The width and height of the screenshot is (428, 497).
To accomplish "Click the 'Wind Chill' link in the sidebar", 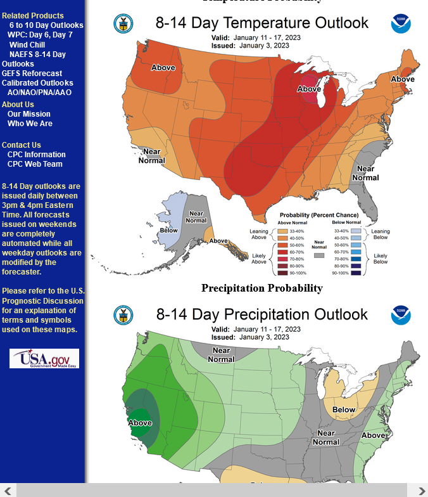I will pyautogui.click(x=27, y=45).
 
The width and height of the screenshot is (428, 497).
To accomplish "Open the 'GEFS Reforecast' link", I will pyautogui.click(x=32, y=74).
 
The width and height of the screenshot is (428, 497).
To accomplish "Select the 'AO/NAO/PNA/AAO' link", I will pyautogui.click(x=39, y=93).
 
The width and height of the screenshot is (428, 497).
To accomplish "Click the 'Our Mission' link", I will pyautogui.click(x=29, y=114).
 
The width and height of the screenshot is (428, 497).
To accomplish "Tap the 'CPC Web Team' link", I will pyautogui.click(x=35, y=164).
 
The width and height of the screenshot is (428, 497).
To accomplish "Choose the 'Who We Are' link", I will pyautogui.click(x=30, y=124).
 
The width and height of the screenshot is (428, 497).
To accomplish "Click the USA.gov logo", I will pyautogui.click(x=44, y=358).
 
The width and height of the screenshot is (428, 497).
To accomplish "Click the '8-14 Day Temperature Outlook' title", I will pyautogui.click(x=261, y=23).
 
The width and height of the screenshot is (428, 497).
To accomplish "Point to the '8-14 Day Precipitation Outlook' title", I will pyautogui.click(x=261, y=314).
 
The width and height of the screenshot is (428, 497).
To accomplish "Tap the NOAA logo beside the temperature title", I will pyautogui.click(x=400, y=23).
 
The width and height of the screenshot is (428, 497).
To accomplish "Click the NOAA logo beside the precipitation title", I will pyautogui.click(x=400, y=314).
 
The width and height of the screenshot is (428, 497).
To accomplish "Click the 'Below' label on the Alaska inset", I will pyautogui.click(x=168, y=230).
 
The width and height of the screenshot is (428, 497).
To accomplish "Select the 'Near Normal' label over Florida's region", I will pyautogui.click(x=365, y=173).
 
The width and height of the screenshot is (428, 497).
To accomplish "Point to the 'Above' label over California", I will pyautogui.click(x=140, y=423).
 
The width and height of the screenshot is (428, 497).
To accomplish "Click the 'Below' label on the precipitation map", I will pyautogui.click(x=344, y=410).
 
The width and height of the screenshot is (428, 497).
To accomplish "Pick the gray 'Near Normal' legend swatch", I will pyautogui.click(x=319, y=255).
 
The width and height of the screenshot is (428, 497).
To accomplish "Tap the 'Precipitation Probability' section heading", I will pyautogui.click(x=261, y=288).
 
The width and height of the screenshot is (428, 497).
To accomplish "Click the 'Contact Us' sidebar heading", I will pyautogui.click(x=22, y=145).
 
